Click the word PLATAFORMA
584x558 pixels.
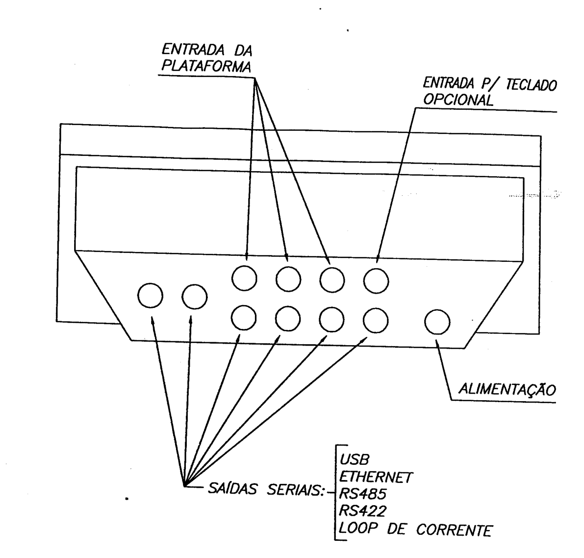[206, 67]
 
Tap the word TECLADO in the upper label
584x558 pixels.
[531, 85]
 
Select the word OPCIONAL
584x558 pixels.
[458, 100]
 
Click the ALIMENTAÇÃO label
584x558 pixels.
[507, 389]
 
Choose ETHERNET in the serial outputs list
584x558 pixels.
[376, 477]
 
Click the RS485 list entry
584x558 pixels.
[362, 494]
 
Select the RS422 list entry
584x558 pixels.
[362, 511]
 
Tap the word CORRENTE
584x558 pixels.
[454, 530]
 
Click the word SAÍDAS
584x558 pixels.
[233, 489]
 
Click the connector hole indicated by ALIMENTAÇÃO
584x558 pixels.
[437, 322]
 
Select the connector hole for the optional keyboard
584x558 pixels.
[376, 281]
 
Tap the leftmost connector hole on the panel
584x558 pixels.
[150, 296]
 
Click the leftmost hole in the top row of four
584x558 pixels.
[244, 278]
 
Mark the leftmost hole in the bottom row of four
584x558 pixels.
[243, 317]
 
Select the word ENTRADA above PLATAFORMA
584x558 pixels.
[193, 50]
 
